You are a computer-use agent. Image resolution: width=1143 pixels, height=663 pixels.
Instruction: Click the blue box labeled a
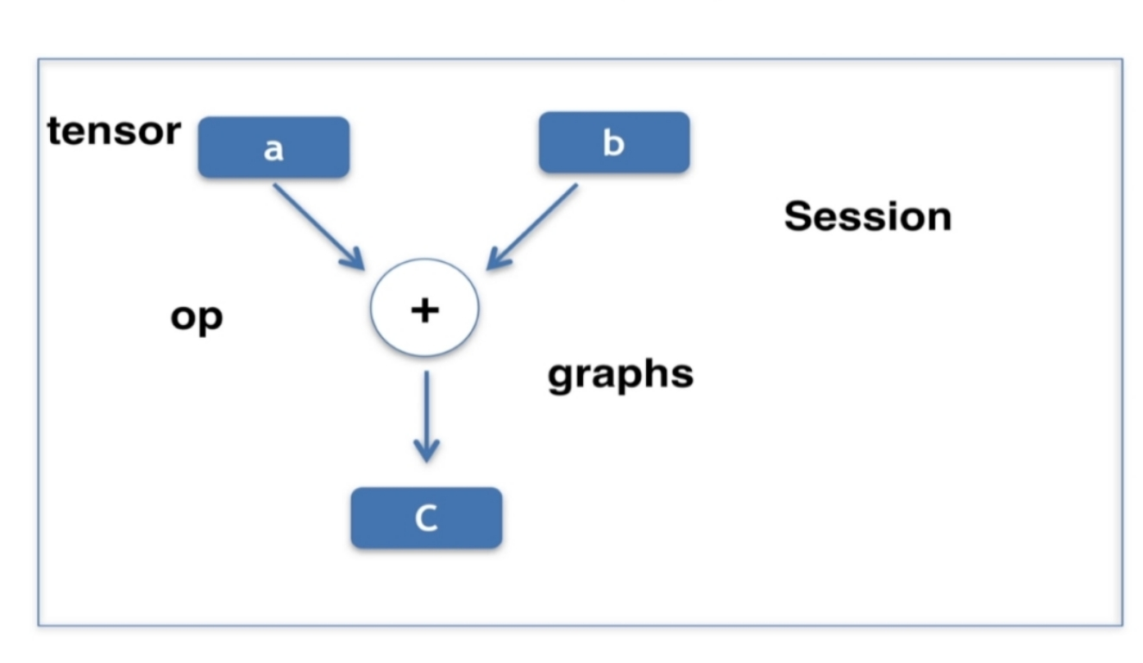click(273, 147)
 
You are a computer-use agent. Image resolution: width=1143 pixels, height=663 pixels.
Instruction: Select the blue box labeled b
click(613, 142)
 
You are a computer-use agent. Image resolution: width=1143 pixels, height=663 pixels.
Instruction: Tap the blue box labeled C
click(426, 518)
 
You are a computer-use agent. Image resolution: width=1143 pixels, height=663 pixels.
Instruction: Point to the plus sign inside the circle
click(424, 310)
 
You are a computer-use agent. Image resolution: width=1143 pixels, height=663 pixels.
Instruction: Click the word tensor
click(114, 131)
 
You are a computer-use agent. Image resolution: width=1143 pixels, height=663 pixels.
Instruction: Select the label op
click(197, 317)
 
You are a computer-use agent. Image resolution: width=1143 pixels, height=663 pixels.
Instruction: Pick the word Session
click(867, 216)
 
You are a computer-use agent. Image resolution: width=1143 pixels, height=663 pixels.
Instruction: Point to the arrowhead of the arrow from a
click(355, 260)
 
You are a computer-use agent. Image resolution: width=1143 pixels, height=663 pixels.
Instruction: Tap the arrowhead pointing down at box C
click(426, 450)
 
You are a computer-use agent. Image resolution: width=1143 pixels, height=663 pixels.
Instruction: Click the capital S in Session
click(798, 216)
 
